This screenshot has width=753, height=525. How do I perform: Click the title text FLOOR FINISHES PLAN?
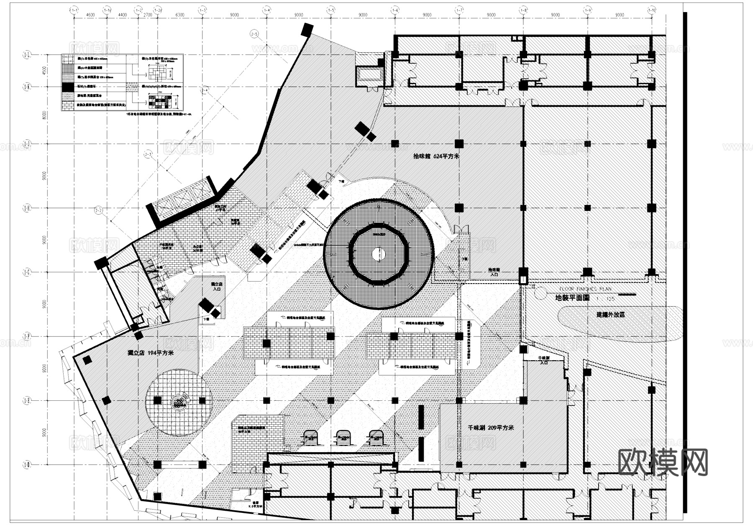tap(585, 289)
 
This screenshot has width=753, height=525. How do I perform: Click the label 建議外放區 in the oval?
tap(610, 315)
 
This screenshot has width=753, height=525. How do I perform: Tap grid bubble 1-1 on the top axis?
tap(74, 9)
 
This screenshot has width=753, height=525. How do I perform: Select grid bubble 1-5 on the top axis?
tap(331, 9)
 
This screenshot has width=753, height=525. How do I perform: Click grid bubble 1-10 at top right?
tap(651, 9)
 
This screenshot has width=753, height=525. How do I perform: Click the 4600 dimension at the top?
tap(90, 15)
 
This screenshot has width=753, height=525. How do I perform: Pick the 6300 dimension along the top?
tap(180, 15)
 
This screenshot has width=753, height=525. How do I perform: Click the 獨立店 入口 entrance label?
tap(217, 286)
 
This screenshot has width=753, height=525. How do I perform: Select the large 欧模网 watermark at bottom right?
tap(663, 462)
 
